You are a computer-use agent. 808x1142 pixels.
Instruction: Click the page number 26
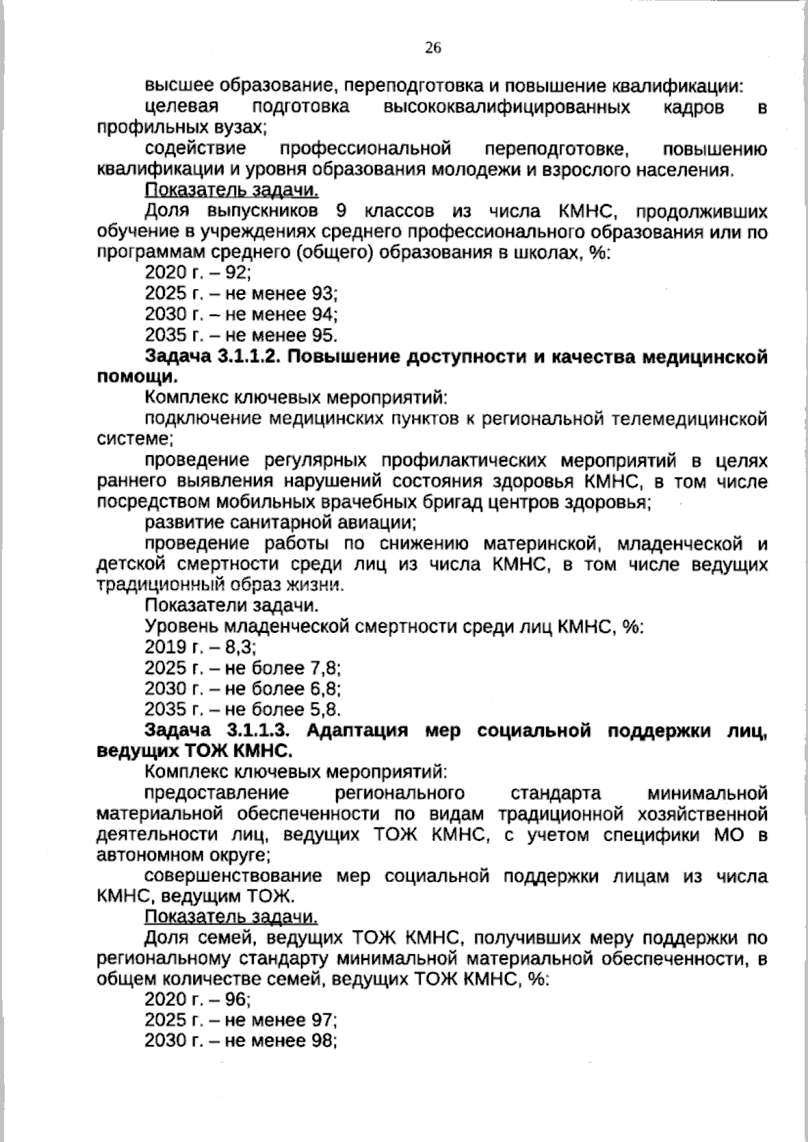[432, 46]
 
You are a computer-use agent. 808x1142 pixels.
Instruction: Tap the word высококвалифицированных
[506, 108]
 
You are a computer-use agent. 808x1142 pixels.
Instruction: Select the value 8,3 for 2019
[242, 648]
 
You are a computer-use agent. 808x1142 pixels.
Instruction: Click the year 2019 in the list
[165, 648]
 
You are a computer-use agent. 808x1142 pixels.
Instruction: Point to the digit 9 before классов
[341, 212]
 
